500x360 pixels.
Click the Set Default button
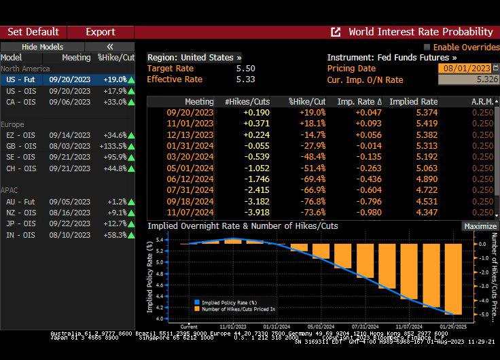pyautogui.click(x=33, y=32)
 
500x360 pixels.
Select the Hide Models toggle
pyautogui.click(x=42, y=47)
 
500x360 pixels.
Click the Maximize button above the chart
pyautogui.click(x=480, y=226)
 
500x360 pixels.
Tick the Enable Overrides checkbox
pyautogui.click(x=427, y=47)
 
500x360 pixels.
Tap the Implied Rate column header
pyautogui.click(x=420, y=101)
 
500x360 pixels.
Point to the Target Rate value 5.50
pyautogui.click(x=245, y=69)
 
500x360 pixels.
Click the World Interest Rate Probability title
pyautogui.click(x=420, y=32)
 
